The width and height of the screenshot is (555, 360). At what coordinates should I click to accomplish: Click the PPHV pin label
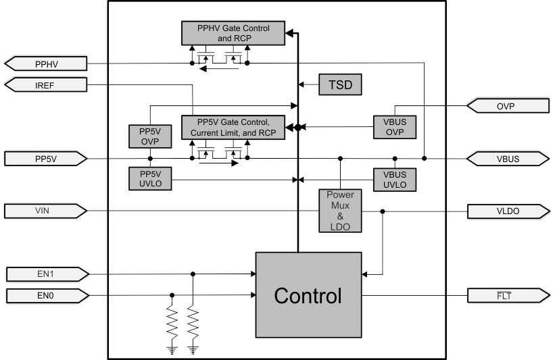tap(46, 64)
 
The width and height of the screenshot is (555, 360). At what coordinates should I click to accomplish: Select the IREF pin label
tap(46, 84)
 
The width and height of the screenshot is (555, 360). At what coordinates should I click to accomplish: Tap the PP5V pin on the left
tap(46, 159)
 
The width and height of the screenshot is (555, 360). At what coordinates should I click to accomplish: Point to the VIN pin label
tap(46, 211)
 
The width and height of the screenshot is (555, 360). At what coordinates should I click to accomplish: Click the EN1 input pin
tap(46, 274)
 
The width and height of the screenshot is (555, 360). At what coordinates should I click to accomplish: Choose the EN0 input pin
tap(46, 294)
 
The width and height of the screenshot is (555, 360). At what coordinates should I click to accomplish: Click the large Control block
tap(308, 295)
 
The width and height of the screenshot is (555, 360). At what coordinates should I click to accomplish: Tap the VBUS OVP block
tap(395, 126)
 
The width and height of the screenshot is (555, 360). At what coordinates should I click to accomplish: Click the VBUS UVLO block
tap(395, 179)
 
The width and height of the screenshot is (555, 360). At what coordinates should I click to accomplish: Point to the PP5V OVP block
tap(149, 136)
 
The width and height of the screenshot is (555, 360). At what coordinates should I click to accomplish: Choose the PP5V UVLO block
tap(149, 179)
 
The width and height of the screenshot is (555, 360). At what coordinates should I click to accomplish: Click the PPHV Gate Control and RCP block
tap(233, 32)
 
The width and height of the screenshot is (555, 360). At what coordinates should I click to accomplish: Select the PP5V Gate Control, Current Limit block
tap(233, 127)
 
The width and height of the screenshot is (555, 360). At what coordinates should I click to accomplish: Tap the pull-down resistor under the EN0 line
tap(172, 324)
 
